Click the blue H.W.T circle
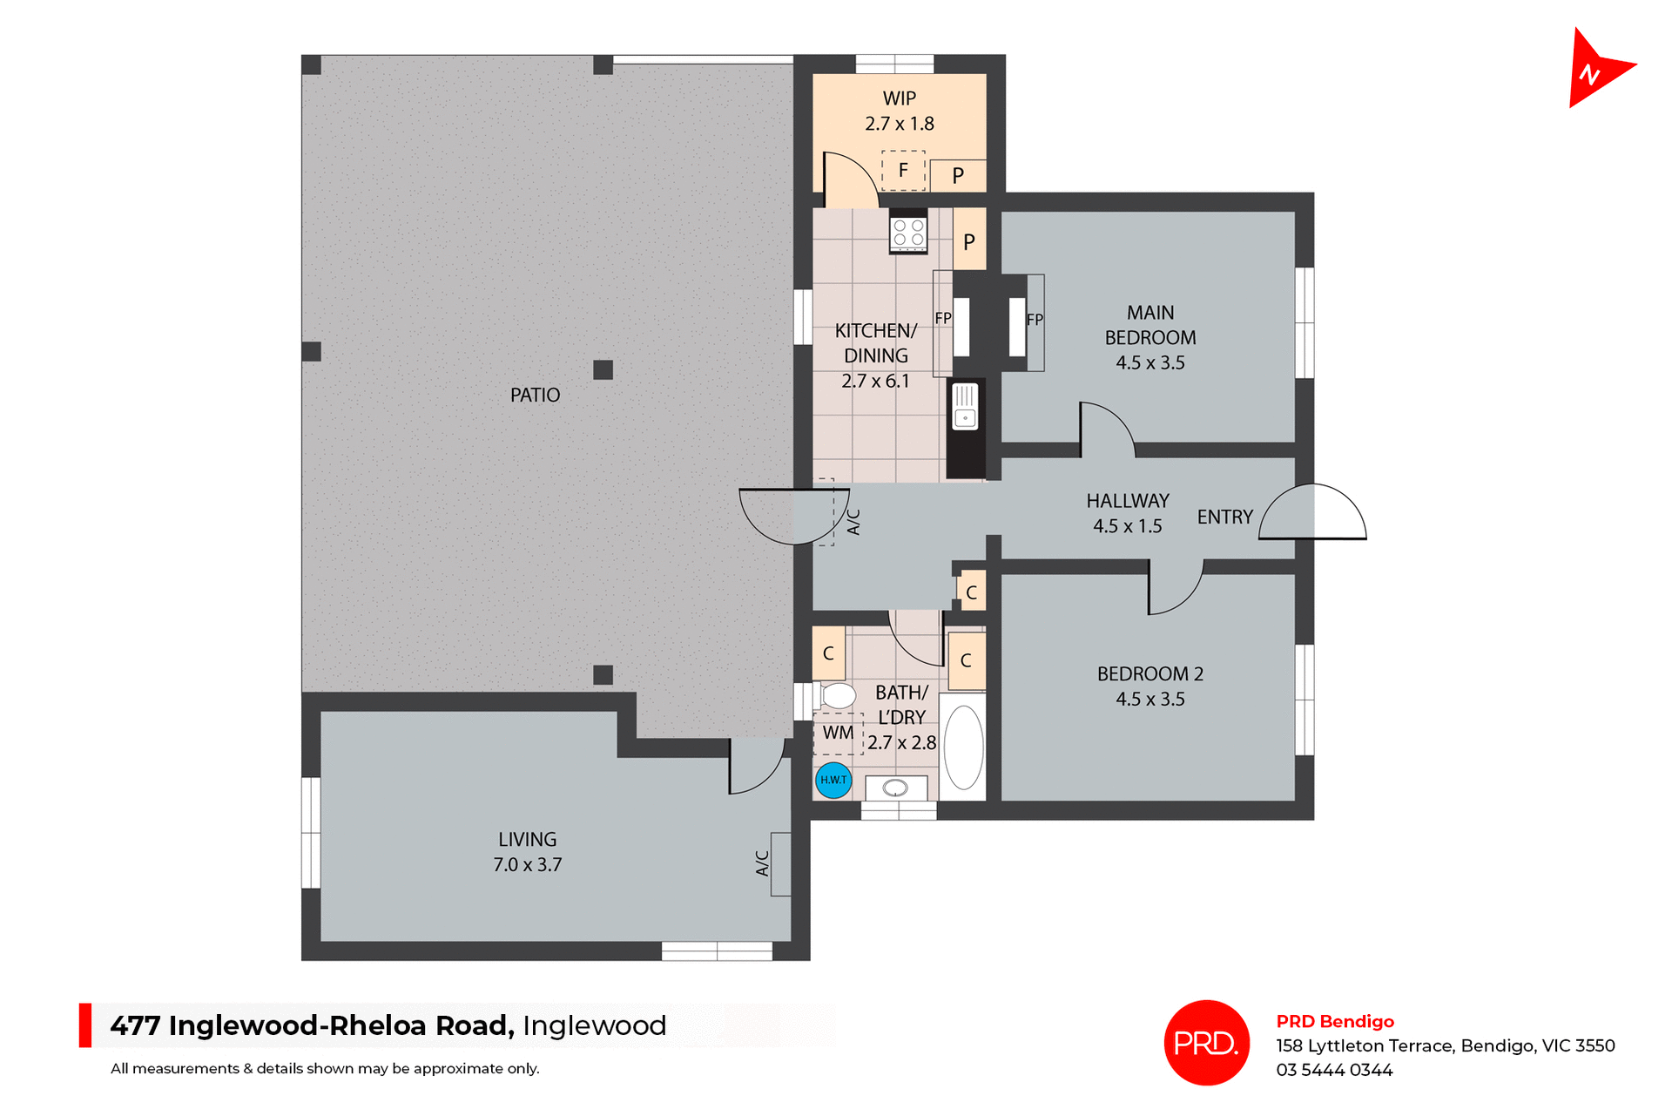[833, 780]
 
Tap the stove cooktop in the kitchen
[908, 232]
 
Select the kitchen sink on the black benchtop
[965, 407]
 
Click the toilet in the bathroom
[837, 695]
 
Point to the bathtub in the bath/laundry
[963, 747]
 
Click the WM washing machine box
[838, 733]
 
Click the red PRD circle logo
[1206, 1042]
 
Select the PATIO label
[535, 396]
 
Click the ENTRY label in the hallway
[1224, 517]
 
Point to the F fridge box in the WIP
[903, 171]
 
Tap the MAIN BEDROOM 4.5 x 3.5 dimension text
[1150, 362]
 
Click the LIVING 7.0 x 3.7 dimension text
[528, 864]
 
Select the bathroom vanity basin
[895, 788]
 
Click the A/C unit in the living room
[779, 863]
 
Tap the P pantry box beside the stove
[969, 240]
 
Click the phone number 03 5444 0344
[1334, 1070]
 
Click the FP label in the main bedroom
[1035, 320]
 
